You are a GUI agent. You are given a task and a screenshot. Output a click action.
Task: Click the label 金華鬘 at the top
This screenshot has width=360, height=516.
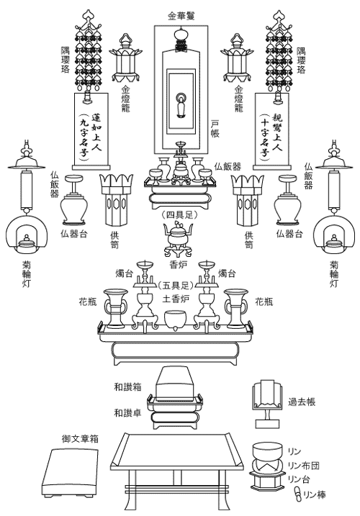coord(181,16)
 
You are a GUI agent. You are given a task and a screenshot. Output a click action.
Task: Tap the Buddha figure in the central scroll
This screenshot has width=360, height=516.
coord(180,106)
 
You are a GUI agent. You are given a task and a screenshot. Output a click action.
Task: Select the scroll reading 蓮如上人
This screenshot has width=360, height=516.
coord(91,131)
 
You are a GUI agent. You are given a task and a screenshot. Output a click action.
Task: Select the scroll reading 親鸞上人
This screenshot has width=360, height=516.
coord(272,131)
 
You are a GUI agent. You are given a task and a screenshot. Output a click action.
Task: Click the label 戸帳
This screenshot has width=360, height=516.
coord(215,128)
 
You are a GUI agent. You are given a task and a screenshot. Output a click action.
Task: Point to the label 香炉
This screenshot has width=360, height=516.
coord(178,264)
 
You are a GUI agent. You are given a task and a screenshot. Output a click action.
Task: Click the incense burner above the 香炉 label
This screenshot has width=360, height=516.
coord(179,239)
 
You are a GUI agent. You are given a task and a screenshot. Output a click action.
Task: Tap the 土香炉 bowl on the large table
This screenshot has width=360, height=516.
coord(176,320)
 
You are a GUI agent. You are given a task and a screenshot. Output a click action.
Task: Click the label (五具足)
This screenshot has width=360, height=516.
coord(175,285)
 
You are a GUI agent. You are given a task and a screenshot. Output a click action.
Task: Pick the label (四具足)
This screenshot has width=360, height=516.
coord(179,215)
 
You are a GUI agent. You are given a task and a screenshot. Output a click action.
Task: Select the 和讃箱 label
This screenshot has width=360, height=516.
coord(127,387)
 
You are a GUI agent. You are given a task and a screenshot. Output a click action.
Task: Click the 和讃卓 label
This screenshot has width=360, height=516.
coord(127,412)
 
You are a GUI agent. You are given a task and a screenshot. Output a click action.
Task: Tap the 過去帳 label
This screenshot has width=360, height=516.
coord(302,402)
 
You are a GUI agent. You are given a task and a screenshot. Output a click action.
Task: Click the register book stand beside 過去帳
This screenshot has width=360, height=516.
coord(268,404)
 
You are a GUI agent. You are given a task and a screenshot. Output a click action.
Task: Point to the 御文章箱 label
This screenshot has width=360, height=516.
coord(80,438)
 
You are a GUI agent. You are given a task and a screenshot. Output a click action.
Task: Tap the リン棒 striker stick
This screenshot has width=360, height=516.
coord(298,494)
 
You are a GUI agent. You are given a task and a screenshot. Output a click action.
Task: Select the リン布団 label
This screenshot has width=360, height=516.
coord(303,466)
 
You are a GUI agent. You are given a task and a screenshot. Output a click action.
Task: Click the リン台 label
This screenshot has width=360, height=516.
coord(299,479)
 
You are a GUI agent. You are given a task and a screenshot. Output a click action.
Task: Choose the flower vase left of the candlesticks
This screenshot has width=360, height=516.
coord(115,309)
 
